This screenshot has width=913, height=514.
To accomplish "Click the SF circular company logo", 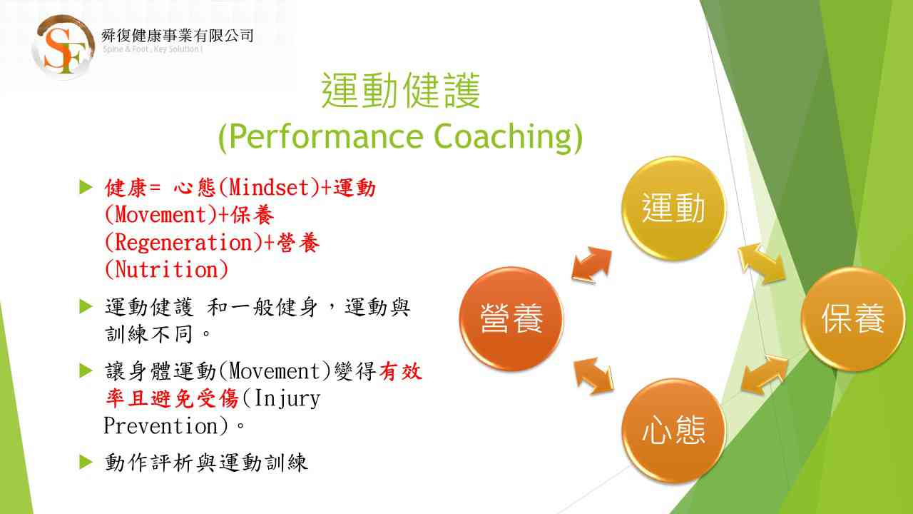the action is pyautogui.click(x=63, y=47).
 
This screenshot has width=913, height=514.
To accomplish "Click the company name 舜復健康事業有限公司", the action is pyautogui.click(x=178, y=36).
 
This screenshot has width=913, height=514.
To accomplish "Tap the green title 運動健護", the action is pyautogui.click(x=401, y=91).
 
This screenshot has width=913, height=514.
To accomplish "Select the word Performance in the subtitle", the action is pyautogui.click(x=326, y=137).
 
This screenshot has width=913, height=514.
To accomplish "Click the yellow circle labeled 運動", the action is pyautogui.click(x=673, y=208).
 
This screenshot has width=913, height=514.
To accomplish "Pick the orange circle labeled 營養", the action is pyautogui.click(x=511, y=318).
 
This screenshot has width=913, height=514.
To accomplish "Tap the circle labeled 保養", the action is pyautogui.click(x=852, y=318).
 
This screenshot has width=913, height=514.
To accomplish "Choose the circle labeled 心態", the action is pyautogui.click(x=673, y=430).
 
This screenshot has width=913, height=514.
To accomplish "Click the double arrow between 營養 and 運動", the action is pyautogui.click(x=592, y=265).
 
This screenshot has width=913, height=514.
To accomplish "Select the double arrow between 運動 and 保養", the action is pyautogui.click(x=761, y=263).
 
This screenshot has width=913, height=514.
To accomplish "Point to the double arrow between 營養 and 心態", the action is pyautogui.click(x=593, y=376).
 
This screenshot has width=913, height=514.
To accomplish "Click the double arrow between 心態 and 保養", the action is pyautogui.click(x=764, y=375).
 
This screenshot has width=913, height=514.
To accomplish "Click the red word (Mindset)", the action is pyautogui.click(x=270, y=188).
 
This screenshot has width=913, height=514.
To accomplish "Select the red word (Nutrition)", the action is pyautogui.click(x=166, y=270).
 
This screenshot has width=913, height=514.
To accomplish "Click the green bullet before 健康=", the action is pyautogui.click(x=86, y=187).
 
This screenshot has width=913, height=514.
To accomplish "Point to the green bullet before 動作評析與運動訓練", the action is pyautogui.click(x=86, y=462).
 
